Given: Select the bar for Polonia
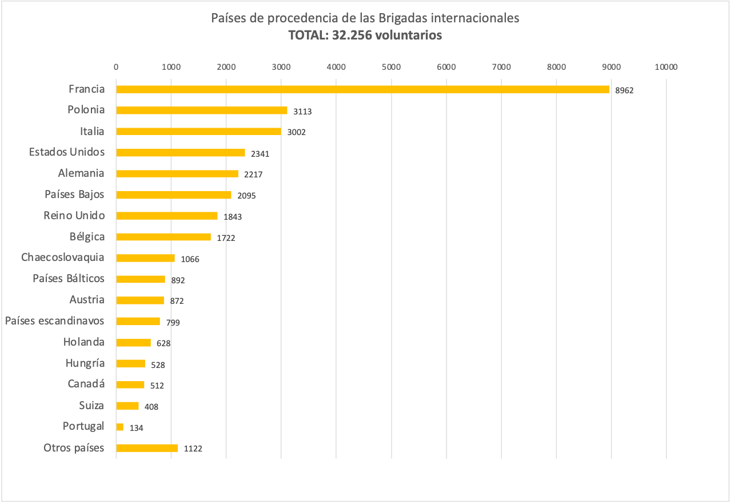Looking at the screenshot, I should pos(201,110).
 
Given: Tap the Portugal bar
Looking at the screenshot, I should pos(119,427).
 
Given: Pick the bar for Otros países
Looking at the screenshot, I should pos(147,448).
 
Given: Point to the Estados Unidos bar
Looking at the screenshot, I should pos(180,153).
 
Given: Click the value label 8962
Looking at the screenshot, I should pos(624,90).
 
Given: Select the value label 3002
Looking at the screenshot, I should pos(296,132).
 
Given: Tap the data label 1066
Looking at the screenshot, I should pos(190,259).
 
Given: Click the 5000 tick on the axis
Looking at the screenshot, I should pos(391,67).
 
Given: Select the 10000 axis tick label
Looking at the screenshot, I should pos(666,67).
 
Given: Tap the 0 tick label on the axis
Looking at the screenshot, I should pos(116,67).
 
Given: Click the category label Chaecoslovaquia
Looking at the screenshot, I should pos(63,257).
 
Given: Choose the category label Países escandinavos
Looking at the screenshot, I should pos(55,320).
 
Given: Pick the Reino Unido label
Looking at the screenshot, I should pos(74,215).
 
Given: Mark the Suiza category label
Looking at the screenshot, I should pos(91,405).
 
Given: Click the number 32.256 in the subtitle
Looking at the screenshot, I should pos(350,35).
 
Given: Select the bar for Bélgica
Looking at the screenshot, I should pos(163,237).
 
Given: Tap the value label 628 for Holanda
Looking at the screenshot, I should pos(163,343).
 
